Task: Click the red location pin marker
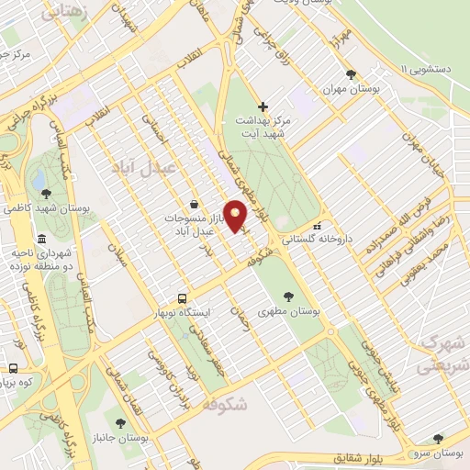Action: [x=236, y=216]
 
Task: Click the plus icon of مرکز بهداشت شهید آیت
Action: [x=263, y=106]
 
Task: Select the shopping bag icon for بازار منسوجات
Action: [x=193, y=204]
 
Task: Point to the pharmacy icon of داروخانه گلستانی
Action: [x=318, y=226]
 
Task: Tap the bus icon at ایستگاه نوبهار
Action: [x=182, y=298]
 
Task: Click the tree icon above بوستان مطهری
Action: [x=289, y=297]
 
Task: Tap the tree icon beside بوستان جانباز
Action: [x=120, y=423]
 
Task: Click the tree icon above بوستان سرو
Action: [x=438, y=439]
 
